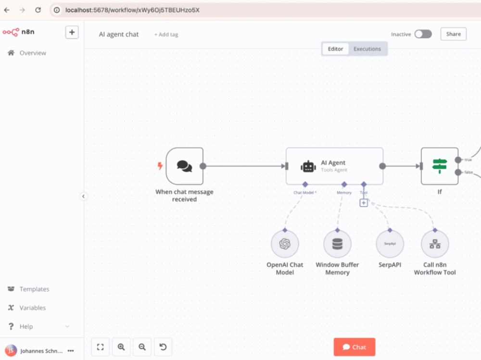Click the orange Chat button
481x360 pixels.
(354, 347)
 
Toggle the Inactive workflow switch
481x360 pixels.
(423, 34)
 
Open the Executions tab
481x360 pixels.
(367, 49)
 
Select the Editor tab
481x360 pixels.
(335, 49)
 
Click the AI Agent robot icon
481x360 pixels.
(308, 166)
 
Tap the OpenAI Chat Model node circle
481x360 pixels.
(285, 244)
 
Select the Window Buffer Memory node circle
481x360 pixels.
(338, 244)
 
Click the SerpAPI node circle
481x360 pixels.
(390, 244)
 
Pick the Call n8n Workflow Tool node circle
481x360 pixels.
(435, 244)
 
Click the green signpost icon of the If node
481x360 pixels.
(440, 166)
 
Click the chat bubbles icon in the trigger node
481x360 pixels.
(184, 166)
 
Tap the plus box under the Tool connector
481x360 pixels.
(364, 203)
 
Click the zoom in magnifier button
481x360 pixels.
(121, 347)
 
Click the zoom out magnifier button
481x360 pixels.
(142, 347)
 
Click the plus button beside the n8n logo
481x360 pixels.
(72, 32)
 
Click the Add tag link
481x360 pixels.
(166, 34)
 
